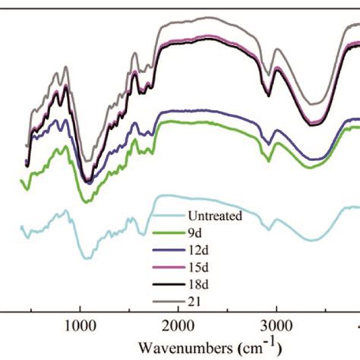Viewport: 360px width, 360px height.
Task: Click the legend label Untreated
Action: click(x=216, y=216)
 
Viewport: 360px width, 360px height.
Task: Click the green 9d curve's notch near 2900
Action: click(x=268, y=160)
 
